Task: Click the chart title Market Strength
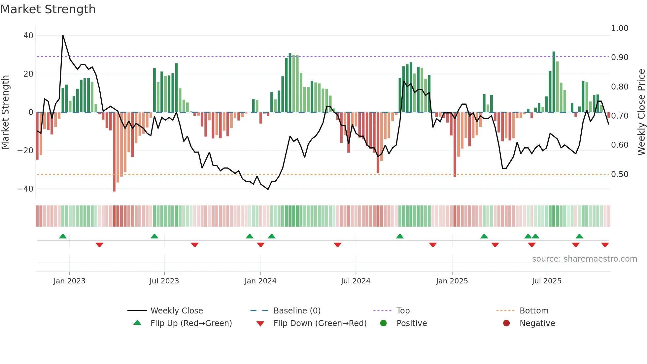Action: click(48, 9)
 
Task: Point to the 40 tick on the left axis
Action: click(28, 35)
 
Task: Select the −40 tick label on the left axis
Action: click(25, 189)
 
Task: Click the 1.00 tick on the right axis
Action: click(620, 28)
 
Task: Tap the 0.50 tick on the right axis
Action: click(620, 174)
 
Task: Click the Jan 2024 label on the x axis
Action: click(260, 281)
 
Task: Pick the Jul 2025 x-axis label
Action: click(546, 281)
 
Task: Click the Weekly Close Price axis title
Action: click(641, 112)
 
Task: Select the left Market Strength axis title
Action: click(5, 112)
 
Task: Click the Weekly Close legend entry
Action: click(176, 311)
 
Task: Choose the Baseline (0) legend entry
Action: click(297, 311)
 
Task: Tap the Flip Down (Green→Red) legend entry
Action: click(320, 323)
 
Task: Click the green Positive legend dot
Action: click(383, 323)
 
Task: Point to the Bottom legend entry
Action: click(534, 311)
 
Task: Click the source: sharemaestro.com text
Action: click(584, 259)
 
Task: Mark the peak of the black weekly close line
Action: click(63, 35)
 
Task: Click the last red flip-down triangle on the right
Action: click(605, 245)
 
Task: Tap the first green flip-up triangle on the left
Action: click(63, 236)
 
